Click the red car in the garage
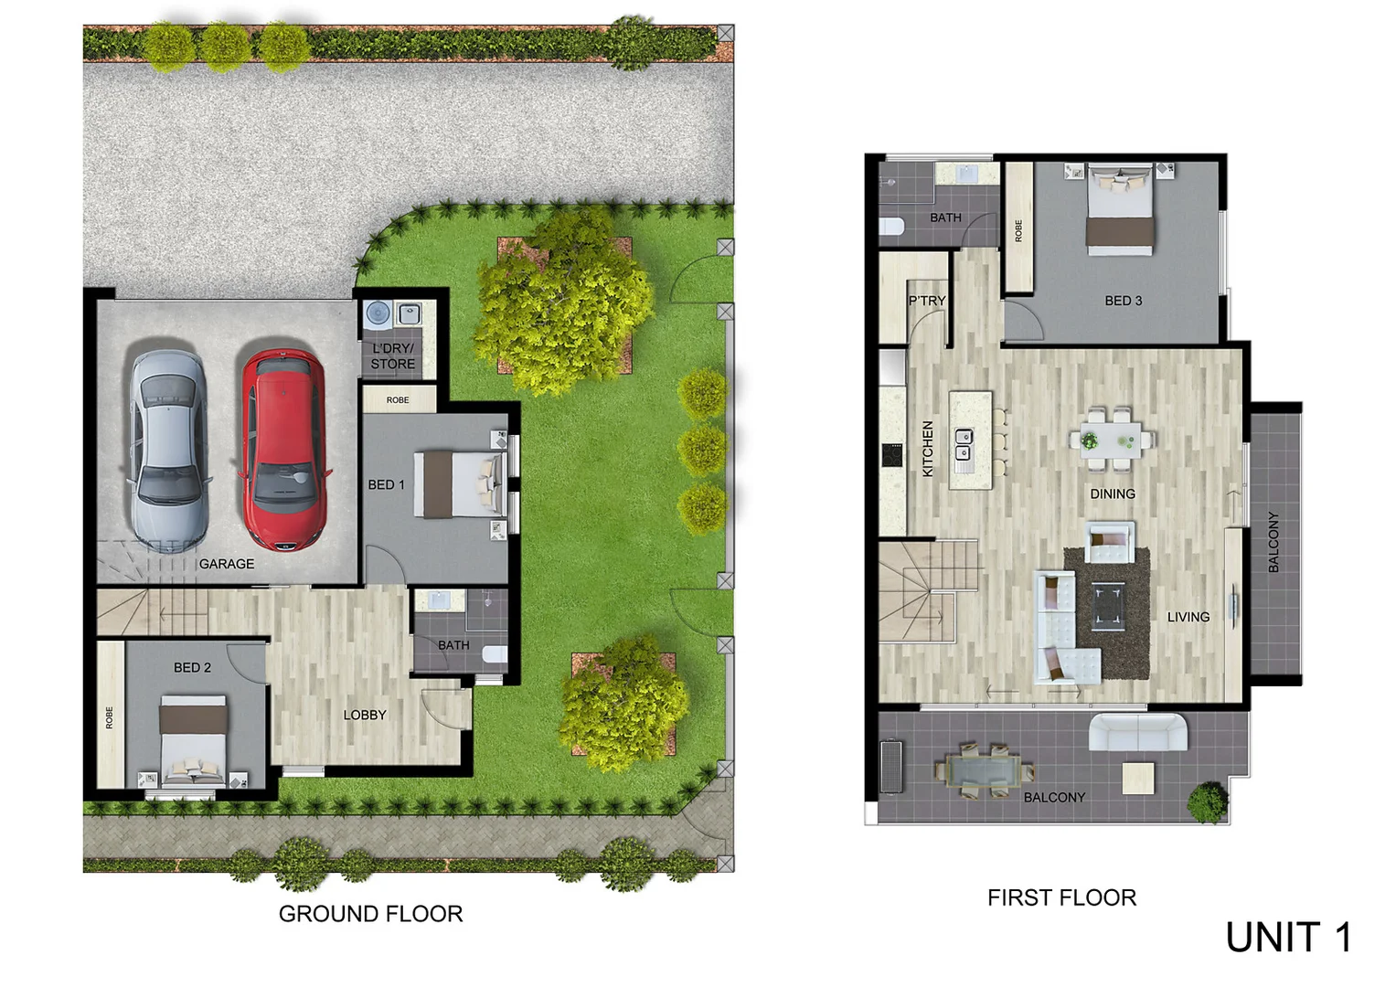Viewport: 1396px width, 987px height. [282, 449]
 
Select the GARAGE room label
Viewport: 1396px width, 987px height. [227, 564]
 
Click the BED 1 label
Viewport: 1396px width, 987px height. [386, 484]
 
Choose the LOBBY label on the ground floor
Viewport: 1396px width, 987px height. [365, 715]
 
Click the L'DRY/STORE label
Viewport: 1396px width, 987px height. [393, 356]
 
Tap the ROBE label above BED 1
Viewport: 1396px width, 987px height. [398, 400]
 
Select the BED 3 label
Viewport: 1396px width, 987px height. [1124, 301]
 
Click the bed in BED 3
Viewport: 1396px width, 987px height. [1119, 209]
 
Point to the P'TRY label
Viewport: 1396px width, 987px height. [927, 301]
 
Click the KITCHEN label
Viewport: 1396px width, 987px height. [928, 449]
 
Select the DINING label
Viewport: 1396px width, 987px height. [1113, 493]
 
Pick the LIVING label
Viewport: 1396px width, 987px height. [1188, 617]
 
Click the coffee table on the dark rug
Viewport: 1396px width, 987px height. [1109, 607]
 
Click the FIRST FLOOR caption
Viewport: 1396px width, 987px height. [1061, 897]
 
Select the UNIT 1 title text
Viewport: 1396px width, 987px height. [1288, 938]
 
